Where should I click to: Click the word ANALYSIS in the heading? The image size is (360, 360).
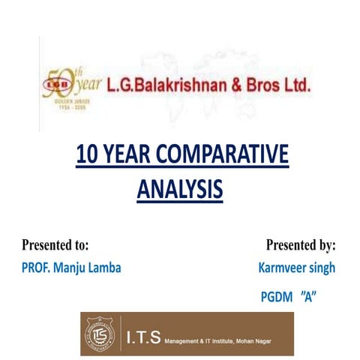(x=180, y=188)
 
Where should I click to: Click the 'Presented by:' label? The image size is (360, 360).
(x=301, y=244)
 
